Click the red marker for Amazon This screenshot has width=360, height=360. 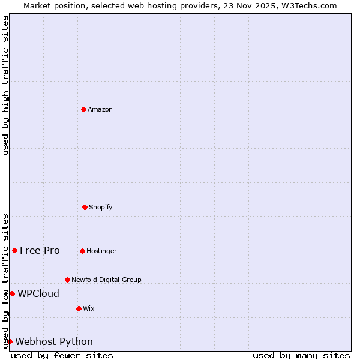pyautogui.click(x=83, y=109)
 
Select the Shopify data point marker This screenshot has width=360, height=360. pyautogui.click(x=85, y=207)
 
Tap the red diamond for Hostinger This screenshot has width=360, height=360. pyautogui.click(x=82, y=251)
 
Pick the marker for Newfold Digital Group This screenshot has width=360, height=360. pyautogui.click(x=67, y=280)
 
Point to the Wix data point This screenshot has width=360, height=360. pyautogui.click(x=79, y=308)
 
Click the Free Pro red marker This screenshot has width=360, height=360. pyautogui.click(x=14, y=250)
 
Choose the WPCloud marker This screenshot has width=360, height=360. pyautogui.click(x=12, y=293)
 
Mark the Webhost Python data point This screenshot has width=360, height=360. pyautogui.click(x=10, y=341)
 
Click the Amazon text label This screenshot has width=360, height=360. pyautogui.click(x=100, y=109)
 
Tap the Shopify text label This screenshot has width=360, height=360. pyautogui.click(x=101, y=207)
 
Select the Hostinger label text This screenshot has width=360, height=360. pyautogui.click(x=101, y=251)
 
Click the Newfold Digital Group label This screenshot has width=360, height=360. pyautogui.click(x=106, y=280)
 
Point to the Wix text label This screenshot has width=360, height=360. pyautogui.click(x=89, y=308)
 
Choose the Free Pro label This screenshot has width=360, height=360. pyautogui.click(x=40, y=250)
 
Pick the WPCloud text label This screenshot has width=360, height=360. pyautogui.click(x=38, y=293)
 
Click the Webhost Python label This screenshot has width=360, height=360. pyautogui.click(x=54, y=341)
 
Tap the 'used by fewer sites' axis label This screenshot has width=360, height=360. pyautogui.click(x=62, y=355)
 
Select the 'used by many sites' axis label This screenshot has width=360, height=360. pyautogui.click(x=301, y=355)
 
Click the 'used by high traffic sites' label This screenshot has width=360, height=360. pyautogui.click(x=6, y=85)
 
